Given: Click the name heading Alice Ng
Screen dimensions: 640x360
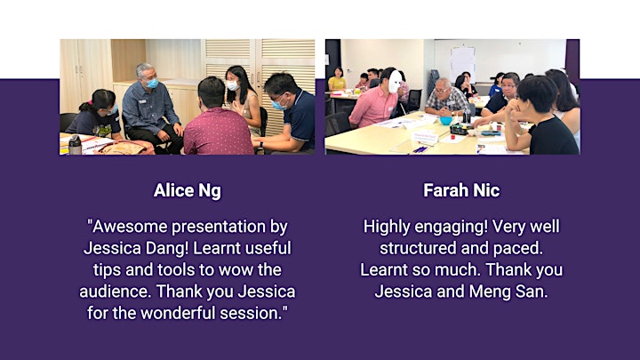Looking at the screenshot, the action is [188, 190].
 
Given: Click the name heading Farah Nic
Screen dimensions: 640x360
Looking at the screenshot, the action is [461, 190].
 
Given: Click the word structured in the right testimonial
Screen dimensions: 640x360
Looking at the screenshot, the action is [412, 248].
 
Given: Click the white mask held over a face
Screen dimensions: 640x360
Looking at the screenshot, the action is [395, 81].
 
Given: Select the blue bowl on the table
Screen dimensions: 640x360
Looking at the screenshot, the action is [445, 121].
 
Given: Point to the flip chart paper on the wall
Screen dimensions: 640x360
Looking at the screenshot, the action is [463, 63].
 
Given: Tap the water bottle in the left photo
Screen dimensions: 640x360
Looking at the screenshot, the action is [75, 145].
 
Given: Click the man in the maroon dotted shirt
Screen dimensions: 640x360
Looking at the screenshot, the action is [218, 119].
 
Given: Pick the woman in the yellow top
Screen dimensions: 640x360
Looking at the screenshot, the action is [337, 80].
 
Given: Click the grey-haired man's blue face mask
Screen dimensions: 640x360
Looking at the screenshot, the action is [152, 84].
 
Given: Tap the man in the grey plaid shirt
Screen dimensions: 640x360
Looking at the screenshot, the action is [446, 99].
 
